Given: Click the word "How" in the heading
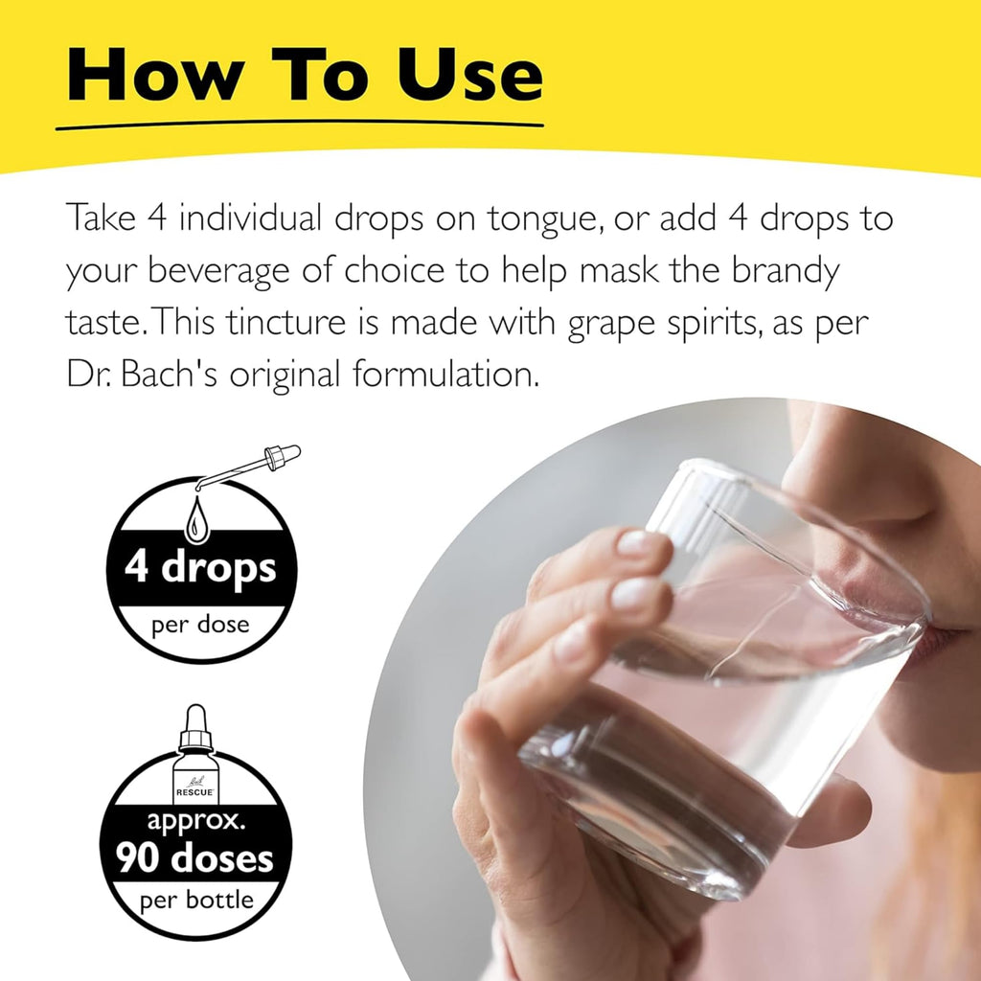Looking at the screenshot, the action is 155,74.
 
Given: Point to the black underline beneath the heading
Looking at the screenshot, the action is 299,125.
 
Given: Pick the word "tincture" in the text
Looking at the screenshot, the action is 285,322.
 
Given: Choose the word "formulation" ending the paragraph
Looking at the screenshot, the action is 445,374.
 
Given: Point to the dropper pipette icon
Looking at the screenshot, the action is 248,467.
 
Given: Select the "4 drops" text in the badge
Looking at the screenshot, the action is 200,567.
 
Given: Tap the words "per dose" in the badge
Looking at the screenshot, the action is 200,625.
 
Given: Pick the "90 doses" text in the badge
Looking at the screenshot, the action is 195,857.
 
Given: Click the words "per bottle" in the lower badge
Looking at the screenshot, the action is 196,901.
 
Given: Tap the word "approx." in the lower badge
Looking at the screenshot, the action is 195,821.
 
